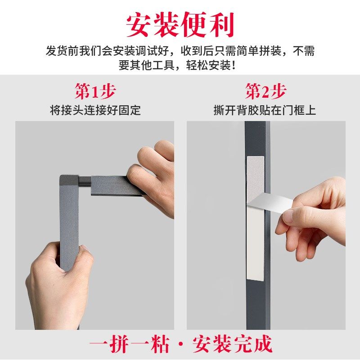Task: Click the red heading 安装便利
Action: [x=180, y=24]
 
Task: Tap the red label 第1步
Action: [x=95, y=92]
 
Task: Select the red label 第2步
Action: [x=265, y=92]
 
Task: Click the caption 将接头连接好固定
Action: [x=95, y=110]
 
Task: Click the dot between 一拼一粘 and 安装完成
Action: [x=181, y=346]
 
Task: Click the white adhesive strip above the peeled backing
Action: [x=255, y=173]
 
